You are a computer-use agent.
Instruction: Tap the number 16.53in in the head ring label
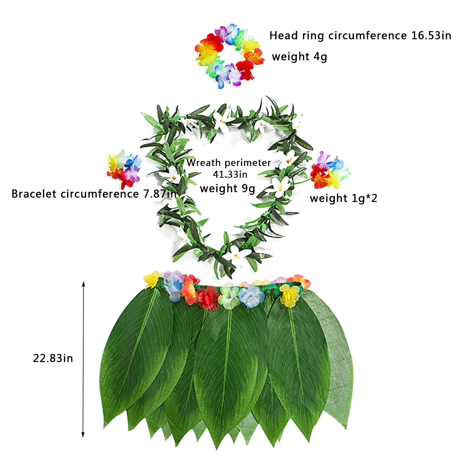431,36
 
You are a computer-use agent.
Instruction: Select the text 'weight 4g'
299,57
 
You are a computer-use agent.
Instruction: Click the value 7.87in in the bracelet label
160,194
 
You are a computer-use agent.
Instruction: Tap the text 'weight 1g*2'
343,198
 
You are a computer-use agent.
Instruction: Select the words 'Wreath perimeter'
229,163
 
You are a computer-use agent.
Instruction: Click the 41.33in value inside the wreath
230,174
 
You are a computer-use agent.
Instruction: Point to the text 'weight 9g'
227,189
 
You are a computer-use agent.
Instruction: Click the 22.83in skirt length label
53,358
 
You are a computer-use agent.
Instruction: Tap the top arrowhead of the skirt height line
84,284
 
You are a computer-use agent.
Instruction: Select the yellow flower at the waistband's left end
152,279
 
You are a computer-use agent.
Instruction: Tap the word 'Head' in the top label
283,36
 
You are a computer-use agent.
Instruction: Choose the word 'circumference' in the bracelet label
100,194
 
